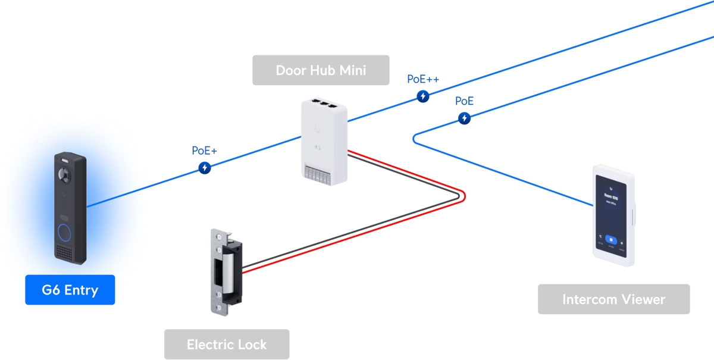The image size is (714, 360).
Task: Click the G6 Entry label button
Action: pyautogui.click(x=70, y=290)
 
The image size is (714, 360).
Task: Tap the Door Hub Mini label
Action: pyautogui.click(x=321, y=70)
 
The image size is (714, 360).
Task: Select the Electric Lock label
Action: pyautogui.click(x=227, y=345)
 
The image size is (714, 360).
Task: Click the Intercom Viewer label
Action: pyautogui.click(x=613, y=299)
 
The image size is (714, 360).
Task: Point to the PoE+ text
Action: pyautogui.click(x=204, y=151)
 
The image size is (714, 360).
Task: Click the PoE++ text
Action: pyautogui.click(x=423, y=79)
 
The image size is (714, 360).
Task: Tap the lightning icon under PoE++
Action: pyautogui.click(x=423, y=96)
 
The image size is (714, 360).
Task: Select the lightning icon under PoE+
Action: pyautogui.click(x=205, y=168)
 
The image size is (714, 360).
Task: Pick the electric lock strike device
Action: pyautogui.click(x=226, y=271)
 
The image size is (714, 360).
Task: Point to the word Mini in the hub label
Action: pyautogui.click(x=352, y=70)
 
